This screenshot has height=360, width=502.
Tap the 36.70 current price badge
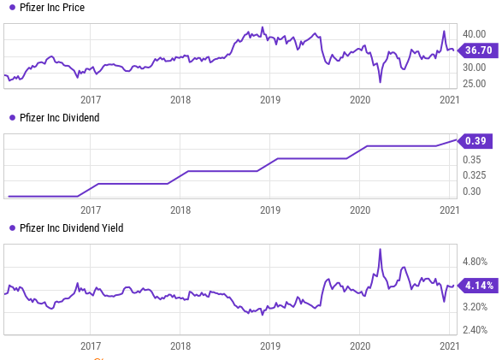[477, 50]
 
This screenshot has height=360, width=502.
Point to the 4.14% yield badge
[477, 285]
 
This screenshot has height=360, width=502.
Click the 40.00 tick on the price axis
[475, 33]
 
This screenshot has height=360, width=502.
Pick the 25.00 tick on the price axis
[475, 83]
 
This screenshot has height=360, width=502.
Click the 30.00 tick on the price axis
[475, 67]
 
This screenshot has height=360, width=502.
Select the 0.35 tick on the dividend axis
[473, 159]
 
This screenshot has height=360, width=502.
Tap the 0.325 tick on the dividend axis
[475, 175]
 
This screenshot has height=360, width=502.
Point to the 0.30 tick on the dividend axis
[473, 192]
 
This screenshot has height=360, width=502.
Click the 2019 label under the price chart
[270, 99]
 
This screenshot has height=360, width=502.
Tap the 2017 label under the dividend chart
[91, 209]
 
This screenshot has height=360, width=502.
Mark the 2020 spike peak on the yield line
[380, 249]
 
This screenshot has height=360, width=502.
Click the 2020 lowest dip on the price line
[380, 82]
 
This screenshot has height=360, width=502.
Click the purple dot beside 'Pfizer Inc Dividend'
[11, 118]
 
